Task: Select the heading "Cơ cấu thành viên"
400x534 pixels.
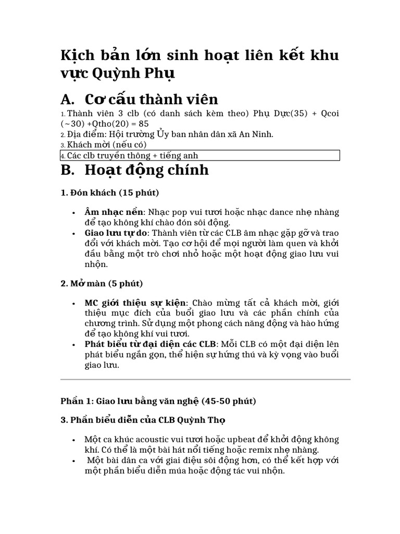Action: pos(151,99)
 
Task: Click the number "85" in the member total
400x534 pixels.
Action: pos(144,124)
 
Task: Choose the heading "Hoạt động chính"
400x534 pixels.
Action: pos(146,170)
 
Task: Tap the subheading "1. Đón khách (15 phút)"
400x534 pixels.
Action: pos(110,193)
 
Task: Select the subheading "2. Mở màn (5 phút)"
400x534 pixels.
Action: pos(101,283)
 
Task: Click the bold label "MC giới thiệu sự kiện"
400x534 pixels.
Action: pos(135,303)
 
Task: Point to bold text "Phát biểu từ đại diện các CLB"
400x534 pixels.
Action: pos(151,344)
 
